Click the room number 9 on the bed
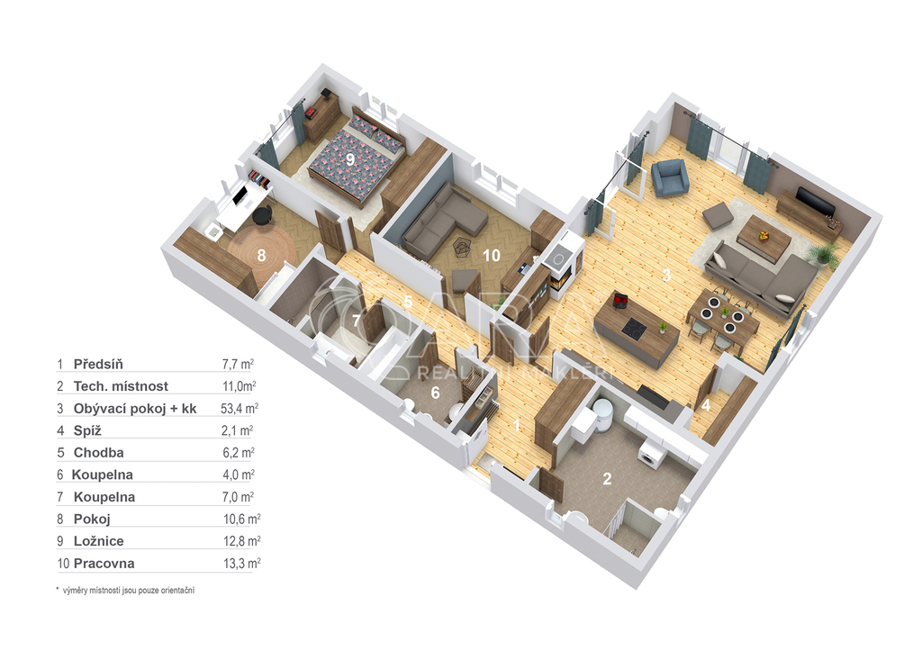(x=350, y=158)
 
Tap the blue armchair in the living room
(x=670, y=177)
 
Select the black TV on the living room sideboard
(x=815, y=201)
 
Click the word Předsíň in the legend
(x=98, y=364)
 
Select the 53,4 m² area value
(x=240, y=408)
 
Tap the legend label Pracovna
(x=104, y=564)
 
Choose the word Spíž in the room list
(x=87, y=430)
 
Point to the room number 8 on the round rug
(x=262, y=255)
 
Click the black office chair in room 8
(x=262, y=216)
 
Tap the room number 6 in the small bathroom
(x=435, y=393)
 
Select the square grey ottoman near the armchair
(x=718, y=216)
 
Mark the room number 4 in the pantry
(x=706, y=405)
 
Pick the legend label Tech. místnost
(x=121, y=386)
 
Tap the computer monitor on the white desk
(x=240, y=194)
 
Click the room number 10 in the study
(x=491, y=255)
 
